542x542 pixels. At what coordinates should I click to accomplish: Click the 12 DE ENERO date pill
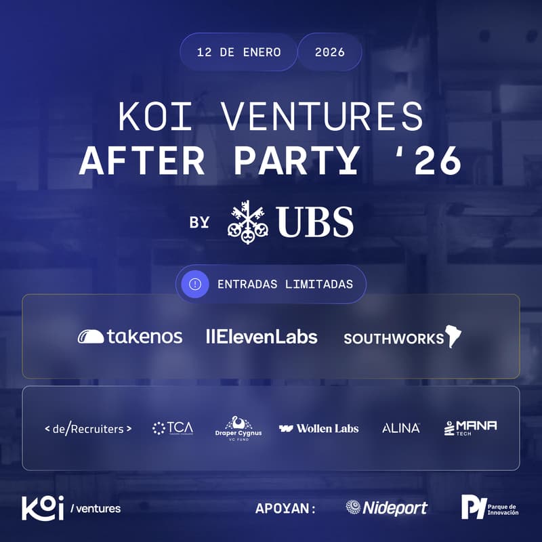click(238, 52)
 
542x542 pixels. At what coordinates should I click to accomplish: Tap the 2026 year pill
click(329, 52)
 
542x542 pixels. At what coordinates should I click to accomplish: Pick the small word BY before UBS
click(199, 222)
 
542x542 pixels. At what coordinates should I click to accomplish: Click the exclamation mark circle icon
click(195, 284)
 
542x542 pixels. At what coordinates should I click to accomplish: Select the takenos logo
click(129, 336)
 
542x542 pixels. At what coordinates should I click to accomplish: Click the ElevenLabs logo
click(261, 336)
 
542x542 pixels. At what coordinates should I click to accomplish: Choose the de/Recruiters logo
click(87, 428)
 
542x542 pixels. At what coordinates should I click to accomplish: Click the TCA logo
click(173, 428)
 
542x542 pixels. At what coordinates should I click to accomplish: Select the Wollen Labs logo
click(318, 428)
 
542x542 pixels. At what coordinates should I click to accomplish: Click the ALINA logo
click(401, 428)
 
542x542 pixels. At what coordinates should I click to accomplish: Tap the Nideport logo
click(386, 507)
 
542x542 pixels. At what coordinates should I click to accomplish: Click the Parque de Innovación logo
click(490, 507)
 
